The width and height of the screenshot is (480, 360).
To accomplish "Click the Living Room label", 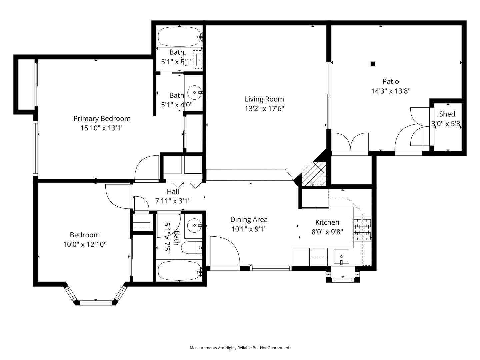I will [264, 99].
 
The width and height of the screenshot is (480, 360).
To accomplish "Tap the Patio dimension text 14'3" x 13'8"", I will [391, 91].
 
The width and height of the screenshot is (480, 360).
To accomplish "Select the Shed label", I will [447, 114].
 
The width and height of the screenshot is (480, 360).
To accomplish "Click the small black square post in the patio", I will [373, 64].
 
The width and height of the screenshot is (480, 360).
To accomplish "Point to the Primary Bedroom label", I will [102, 118].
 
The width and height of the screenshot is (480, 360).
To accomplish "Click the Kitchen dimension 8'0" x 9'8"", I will [327, 232].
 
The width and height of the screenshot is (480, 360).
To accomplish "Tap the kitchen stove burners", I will [362, 229].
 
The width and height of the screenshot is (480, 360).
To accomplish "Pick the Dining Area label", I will [249, 219].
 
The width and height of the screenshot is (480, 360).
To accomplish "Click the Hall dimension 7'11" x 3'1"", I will [173, 201].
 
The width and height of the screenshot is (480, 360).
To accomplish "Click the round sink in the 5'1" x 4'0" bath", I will [195, 92].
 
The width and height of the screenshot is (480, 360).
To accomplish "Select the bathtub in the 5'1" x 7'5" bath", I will [179, 271].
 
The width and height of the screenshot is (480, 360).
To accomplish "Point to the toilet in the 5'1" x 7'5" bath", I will [191, 248].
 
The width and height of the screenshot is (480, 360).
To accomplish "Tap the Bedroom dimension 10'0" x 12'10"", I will [85, 244].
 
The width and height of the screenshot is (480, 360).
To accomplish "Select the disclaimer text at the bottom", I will [240, 348].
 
